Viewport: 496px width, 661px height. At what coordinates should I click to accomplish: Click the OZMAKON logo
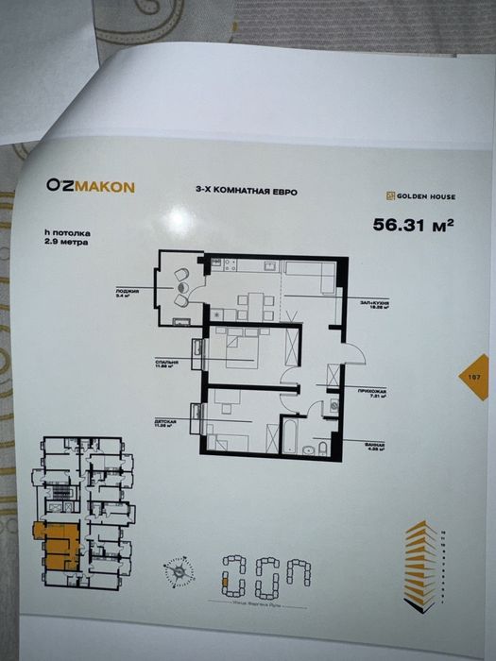pyautogui.click(x=90, y=186)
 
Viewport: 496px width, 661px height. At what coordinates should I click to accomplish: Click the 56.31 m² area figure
pyautogui.click(x=412, y=225)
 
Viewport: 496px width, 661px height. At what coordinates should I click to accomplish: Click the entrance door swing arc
pyautogui.click(x=351, y=352)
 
